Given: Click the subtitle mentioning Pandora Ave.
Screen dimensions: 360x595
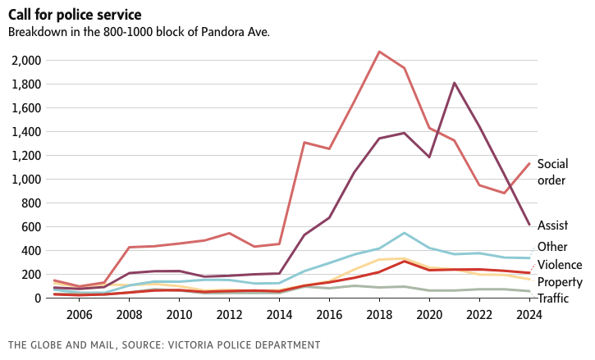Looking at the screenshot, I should click(x=139, y=32).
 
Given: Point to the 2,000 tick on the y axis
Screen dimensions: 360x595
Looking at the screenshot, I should click(x=27, y=61).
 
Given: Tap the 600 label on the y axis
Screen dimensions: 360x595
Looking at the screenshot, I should click(x=32, y=227).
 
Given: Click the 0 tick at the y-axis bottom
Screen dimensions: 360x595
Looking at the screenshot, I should click(x=38, y=298).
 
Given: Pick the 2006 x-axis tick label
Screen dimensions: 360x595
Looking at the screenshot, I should click(x=78, y=315).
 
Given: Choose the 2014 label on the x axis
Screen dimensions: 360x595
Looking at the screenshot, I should click(x=279, y=315).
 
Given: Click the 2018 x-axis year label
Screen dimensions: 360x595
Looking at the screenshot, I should click(x=379, y=315).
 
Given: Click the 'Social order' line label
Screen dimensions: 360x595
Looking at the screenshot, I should click(x=552, y=172).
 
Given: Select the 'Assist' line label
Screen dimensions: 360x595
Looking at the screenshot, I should click(x=552, y=225).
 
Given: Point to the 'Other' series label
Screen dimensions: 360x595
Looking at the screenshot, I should click(x=551, y=247).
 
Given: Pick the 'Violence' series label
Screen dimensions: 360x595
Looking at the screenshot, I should click(x=559, y=265).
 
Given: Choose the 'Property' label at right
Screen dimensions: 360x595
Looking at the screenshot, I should click(x=560, y=282).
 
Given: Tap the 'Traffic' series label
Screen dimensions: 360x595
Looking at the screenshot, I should click(x=554, y=298).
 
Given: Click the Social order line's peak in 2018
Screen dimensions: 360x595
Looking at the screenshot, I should click(x=379, y=52).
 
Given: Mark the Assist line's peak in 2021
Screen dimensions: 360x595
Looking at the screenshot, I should click(x=454, y=83).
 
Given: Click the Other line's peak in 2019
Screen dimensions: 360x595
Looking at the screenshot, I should click(x=404, y=233).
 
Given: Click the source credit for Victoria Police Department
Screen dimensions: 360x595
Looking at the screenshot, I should click(x=163, y=345).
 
